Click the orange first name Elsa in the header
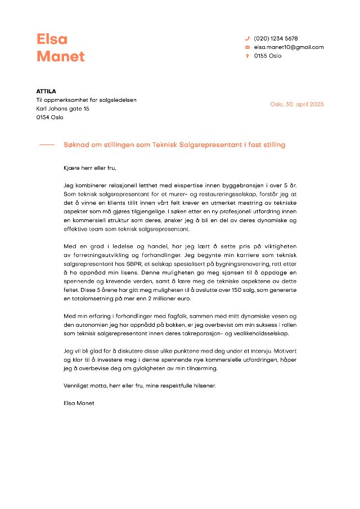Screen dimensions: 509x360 coord(52,39)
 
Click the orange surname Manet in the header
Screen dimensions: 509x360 coord(61,56)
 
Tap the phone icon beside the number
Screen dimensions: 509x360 coord(247,38)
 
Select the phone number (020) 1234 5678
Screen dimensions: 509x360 coord(276,38)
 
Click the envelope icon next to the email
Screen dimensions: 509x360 coord(247,47)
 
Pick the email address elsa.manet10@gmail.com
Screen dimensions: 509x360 coord(289,47)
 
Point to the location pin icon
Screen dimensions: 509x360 coord(247,56)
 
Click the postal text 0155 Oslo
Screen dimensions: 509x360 coord(268,56)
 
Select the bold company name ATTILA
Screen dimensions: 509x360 coord(46,91)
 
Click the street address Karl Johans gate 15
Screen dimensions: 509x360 coord(62,109)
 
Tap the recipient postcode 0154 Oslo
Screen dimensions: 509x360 coord(49,117)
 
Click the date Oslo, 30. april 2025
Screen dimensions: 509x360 coord(296,104)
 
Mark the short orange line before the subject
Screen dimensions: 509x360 coord(47,145)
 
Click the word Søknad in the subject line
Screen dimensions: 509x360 coord(76,145)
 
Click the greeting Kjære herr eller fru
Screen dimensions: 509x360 coord(90,168)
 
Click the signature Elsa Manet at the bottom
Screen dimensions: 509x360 coord(79,403)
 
